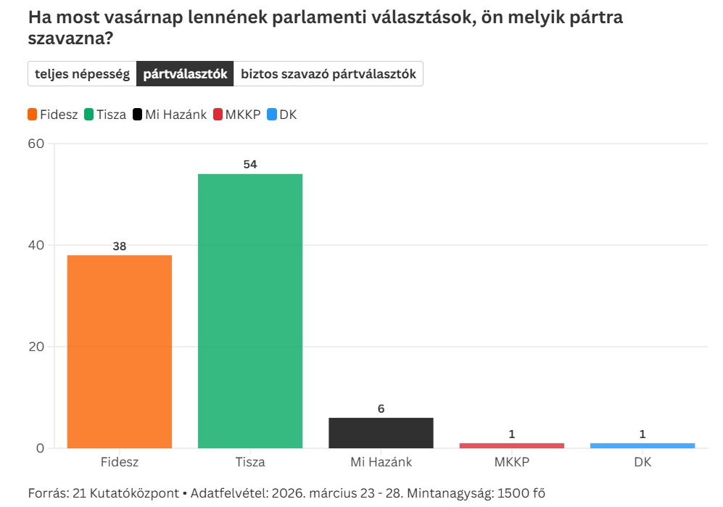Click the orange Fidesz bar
[119, 351]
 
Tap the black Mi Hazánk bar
[381, 432]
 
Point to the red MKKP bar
[511, 445]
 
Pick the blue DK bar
[643, 445]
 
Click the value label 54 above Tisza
[250, 165]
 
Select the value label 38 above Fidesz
[120, 246]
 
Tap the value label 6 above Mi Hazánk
[381, 408]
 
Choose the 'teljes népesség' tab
[82, 74]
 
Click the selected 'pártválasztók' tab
[185, 74]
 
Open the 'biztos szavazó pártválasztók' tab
[328, 74]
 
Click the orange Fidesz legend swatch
[33, 115]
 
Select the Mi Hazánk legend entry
[170, 115]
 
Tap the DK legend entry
[282, 115]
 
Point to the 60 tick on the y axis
[36, 144]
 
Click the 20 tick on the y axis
[36, 347]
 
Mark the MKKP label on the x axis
[511, 462]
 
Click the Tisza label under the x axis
[250, 462]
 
